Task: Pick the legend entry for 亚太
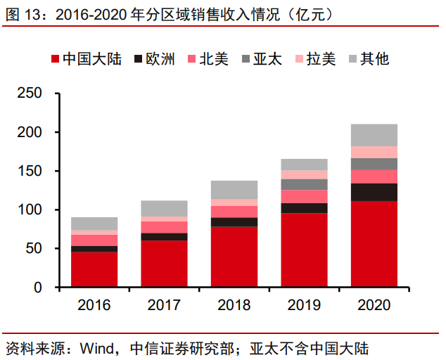point(268,59)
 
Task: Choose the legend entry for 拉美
point(321,59)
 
